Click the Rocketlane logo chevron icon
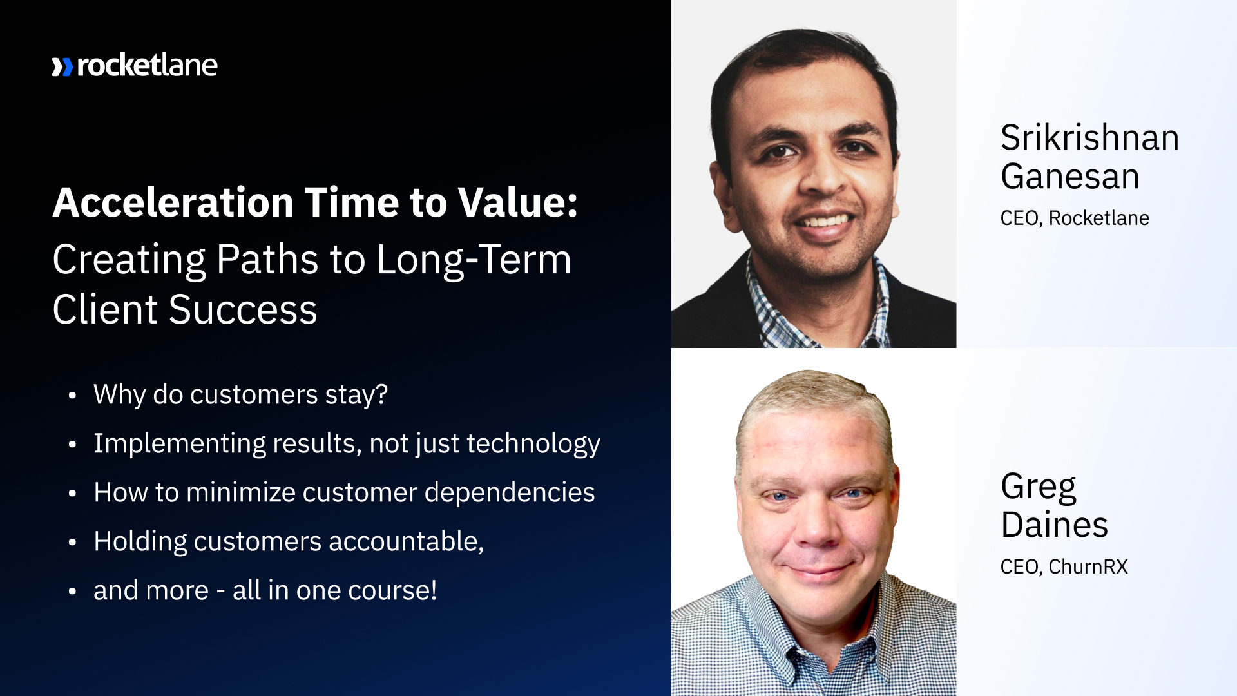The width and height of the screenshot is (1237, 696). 62,67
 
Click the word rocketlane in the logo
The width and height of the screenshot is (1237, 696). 147,66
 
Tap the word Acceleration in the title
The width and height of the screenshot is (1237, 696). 173,203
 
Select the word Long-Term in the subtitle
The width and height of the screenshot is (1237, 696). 474,260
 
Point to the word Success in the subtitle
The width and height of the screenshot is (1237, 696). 243,310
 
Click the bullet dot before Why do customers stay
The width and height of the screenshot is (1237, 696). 72,396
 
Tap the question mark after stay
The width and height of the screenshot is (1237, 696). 382,394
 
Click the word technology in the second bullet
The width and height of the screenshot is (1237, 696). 533,444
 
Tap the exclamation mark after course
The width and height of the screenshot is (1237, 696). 434,590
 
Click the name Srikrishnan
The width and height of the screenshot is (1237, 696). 1089,138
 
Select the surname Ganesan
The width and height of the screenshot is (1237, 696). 1070,177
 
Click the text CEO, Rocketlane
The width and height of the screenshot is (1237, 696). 1074,218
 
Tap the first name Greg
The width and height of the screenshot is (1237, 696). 1038,487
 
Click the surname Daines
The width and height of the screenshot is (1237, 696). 1054,525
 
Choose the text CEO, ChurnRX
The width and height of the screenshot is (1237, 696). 1064,567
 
